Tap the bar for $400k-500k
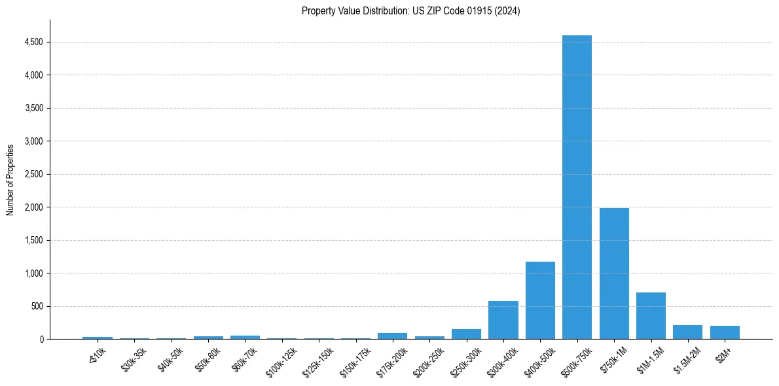click(540, 300)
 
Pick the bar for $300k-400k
click(503, 320)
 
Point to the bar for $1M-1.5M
click(651, 315)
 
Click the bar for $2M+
click(725, 332)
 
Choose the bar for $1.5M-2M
click(687, 332)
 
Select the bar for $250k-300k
click(466, 334)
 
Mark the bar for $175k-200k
click(392, 336)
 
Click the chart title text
click(410, 11)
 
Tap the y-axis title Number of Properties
click(10, 179)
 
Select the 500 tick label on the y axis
click(37, 306)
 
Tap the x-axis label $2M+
click(725, 353)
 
